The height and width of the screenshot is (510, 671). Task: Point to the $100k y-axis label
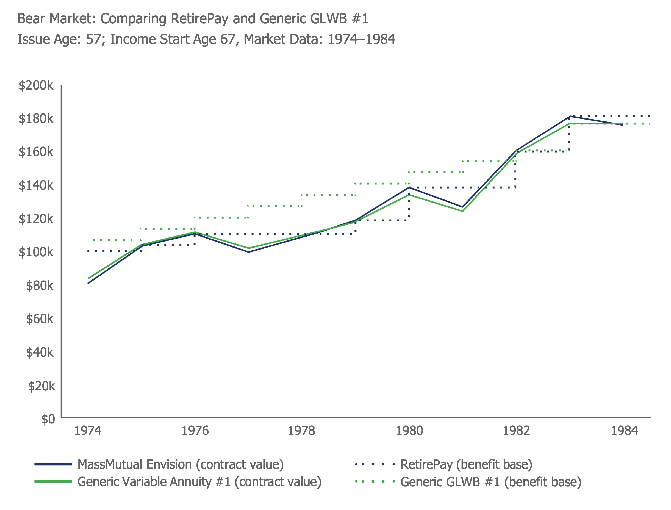click(x=36, y=252)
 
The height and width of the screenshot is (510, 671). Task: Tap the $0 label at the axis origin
click(x=48, y=419)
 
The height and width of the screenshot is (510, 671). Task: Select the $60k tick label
click(x=40, y=319)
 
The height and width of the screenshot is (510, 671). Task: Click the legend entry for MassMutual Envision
click(x=180, y=464)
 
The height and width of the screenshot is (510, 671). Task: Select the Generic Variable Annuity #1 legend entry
click(x=199, y=482)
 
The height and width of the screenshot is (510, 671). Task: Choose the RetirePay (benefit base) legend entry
click(x=466, y=464)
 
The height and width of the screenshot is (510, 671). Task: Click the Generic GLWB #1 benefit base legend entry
click(x=490, y=482)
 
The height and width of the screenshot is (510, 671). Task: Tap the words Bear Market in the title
click(x=56, y=19)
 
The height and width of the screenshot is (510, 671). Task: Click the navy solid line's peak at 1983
click(x=570, y=116)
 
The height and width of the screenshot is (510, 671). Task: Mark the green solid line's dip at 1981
click(x=462, y=211)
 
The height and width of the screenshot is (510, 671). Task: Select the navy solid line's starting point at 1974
click(x=88, y=283)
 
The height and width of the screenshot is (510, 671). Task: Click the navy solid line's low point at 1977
click(x=249, y=252)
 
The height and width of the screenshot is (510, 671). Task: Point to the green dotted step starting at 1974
click(x=114, y=240)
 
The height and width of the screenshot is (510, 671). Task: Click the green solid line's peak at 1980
click(x=409, y=195)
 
